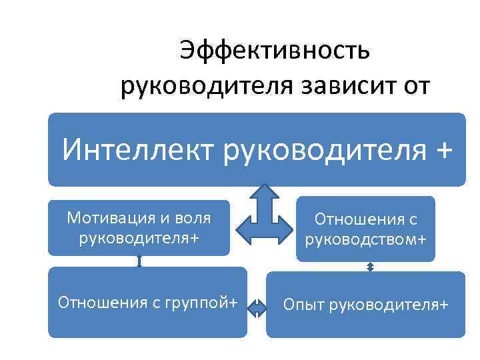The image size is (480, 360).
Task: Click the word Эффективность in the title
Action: coord(273,52)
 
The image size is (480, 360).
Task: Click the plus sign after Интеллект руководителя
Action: coord(437,149)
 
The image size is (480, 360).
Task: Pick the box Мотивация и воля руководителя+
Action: coord(139,227)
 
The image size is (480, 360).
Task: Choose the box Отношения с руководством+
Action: coord(365,229)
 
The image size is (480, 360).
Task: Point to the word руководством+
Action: coord(365,239)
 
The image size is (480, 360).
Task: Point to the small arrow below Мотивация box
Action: coord(139,261)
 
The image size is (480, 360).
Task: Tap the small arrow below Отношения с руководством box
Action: coord(371,267)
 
